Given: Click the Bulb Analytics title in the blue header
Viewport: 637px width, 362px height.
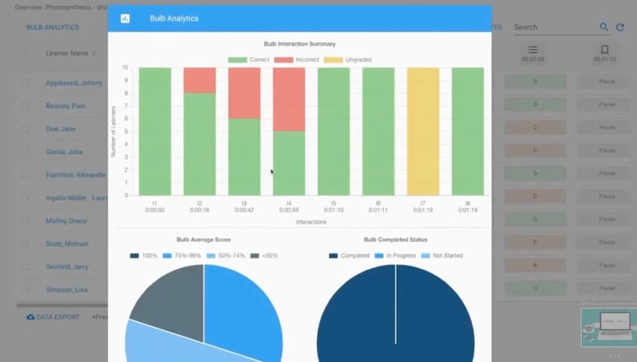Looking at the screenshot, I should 174,18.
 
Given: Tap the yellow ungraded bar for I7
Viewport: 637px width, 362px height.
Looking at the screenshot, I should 423,130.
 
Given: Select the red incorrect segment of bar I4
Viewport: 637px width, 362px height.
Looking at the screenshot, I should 289,100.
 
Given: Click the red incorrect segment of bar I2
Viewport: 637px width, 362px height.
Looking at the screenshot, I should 199,80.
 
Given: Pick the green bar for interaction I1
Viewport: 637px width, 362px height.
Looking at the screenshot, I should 154,130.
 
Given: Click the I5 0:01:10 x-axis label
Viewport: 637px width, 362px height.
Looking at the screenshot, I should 334,207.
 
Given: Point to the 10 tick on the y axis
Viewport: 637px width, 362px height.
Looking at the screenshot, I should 126,68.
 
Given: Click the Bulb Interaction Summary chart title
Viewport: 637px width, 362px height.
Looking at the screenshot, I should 300,44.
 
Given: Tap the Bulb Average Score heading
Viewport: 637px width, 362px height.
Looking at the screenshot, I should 204,240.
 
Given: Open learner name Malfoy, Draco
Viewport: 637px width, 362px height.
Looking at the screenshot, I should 67,221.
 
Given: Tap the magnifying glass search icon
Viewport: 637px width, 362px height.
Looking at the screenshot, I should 604,27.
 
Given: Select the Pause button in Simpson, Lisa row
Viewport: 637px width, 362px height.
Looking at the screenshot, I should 607,290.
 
